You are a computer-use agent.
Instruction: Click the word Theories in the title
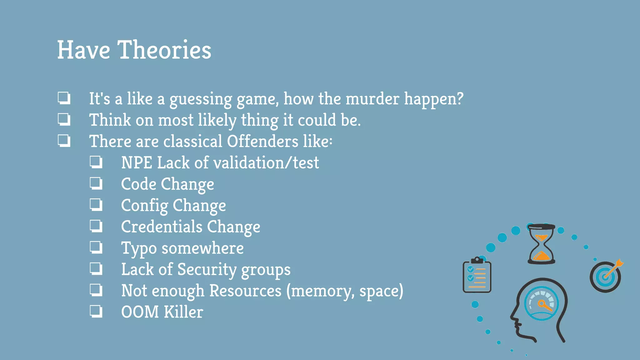(x=164, y=50)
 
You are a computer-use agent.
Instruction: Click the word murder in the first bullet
(x=372, y=99)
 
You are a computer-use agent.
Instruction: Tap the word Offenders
(x=262, y=141)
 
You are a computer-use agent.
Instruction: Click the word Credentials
(x=162, y=227)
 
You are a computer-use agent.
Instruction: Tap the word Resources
(x=245, y=291)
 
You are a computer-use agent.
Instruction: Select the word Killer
(x=183, y=312)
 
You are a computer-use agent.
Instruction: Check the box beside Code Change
(x=96, y=184)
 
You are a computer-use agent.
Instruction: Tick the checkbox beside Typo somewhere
(x=96, y=247)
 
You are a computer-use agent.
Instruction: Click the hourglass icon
(x=541, y=244)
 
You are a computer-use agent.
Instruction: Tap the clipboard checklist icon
(x=477, y=276)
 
